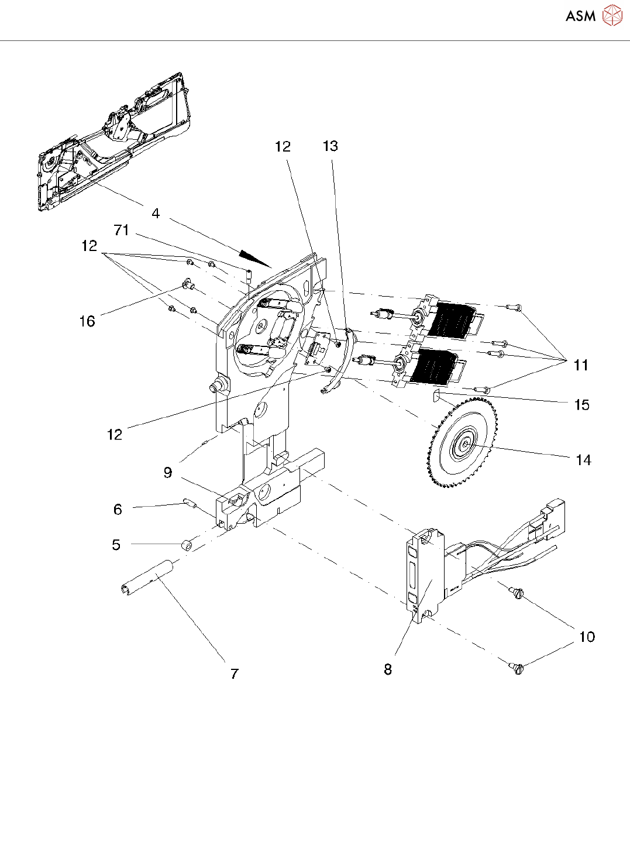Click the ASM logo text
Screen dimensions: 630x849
[x=581, y=16]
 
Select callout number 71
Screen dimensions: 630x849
[x=122, y=230]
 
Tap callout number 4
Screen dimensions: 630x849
[x=156, y=213]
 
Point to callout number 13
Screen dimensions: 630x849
[x=331, y=146]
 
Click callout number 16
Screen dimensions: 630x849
[x=87, y=321]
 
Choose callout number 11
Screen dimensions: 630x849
[x=581, y=365]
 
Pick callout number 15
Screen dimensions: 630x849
[x=582, y=404]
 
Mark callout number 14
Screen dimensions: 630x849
[x=584, y=460]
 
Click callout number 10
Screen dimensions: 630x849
[x=587, y=637]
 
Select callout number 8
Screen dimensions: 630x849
[x=388, y=669]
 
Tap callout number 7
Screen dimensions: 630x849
[x=235, y=673]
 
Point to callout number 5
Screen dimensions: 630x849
[x=116, y=544]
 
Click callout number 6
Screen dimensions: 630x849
[x=118, y=509]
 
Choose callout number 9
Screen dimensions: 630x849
[x=168, y=473]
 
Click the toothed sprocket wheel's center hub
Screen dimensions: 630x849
[x=464, y=443]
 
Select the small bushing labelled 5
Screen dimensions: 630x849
[x=187, y=544]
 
